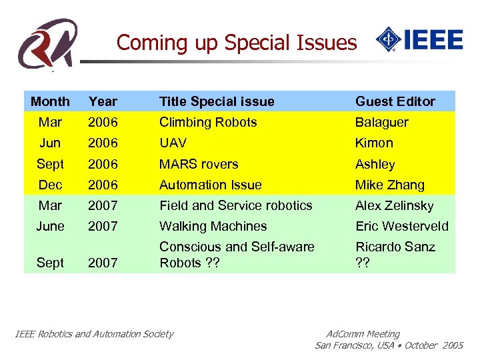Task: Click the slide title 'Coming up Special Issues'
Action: (237, 43)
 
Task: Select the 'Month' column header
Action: (50, 101)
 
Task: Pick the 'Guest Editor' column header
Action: (395, 101)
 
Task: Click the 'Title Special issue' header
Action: (217, 101)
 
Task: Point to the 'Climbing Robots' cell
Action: (207, 122)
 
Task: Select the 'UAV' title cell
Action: (173, 143)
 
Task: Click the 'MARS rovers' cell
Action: (198, 164)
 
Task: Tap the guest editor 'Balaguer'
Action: (381, 122)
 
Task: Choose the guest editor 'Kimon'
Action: (374, 143)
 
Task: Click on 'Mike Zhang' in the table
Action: (389, 185)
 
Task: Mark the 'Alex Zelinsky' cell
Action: (394, 205)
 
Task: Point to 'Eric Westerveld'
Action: (401, 226)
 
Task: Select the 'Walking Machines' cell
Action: (213, 226)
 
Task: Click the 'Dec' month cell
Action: (50, 185)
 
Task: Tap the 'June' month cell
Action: (50, 226)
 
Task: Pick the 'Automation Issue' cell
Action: (210, 185)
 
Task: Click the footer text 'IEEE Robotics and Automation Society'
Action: (94, 334)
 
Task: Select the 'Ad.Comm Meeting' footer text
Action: (363, 334)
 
